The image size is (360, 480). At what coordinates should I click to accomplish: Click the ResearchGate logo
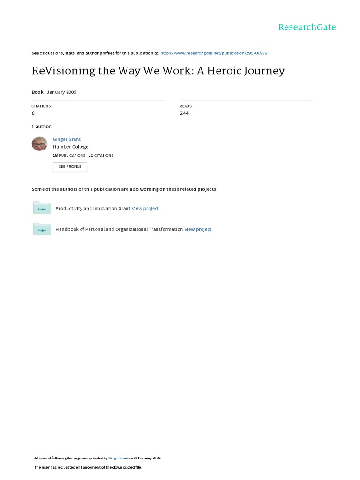point(307,27)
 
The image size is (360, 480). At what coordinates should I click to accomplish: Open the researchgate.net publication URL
point(214,53)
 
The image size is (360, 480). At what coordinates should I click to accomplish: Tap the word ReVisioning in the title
point(60,71)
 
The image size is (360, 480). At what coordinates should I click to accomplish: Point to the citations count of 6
point(33,113)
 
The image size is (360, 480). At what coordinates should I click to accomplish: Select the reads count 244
point(184,113)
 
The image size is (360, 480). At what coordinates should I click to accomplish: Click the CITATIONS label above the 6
point(41,106)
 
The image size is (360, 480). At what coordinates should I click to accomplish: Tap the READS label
point(186,106)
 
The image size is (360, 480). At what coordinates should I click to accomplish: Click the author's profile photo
point(39,143)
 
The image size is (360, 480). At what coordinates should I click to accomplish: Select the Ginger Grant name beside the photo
point(67,139)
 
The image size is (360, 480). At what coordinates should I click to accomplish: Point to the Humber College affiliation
point(70,147)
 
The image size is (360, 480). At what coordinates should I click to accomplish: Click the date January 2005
point(61,92)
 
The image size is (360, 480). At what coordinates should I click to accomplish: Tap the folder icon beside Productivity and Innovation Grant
point(42,208)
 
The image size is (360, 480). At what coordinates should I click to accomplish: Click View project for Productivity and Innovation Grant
point(145,209)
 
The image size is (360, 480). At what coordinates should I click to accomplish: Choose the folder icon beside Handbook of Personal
point(42,229)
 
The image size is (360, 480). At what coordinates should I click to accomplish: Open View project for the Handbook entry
point(198,230)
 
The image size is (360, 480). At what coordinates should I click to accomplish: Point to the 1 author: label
point(42,127)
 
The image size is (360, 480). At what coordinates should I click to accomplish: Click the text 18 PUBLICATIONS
point(69,155)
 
